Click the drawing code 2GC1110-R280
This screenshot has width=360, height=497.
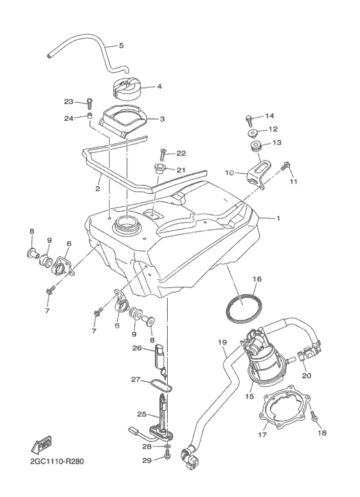(57, 461)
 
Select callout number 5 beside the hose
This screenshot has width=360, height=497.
(121, 46)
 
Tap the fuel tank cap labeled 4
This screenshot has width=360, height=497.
(127, 87)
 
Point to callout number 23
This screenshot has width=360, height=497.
(69, 102)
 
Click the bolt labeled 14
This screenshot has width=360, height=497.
(248, 119)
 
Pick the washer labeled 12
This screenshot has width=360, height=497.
(252, 133)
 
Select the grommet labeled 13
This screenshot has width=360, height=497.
(257, 147)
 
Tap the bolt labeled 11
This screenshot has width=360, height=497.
(285, 166)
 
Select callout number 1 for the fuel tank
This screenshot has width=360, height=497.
(278, 219)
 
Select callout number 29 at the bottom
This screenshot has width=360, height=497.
(147, 460)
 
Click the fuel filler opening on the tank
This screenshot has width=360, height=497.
(126, 224)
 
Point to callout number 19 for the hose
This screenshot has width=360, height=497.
(223, 342)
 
